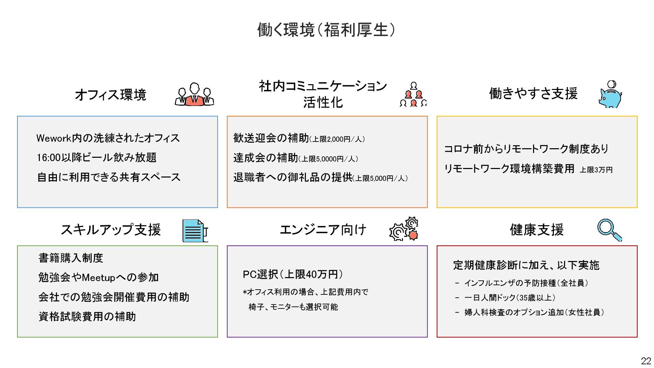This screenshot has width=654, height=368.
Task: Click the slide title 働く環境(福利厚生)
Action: coord(326,30)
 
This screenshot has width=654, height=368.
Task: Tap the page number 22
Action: coord(645,361)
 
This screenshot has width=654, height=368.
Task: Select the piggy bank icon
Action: coord(610,95)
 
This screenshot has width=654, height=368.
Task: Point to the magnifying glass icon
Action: coord(609,230)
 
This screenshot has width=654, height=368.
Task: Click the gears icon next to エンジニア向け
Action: coord(404,229)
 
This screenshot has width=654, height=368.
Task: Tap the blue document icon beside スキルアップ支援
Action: coord(194,231)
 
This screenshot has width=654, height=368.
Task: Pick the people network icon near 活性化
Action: coord(413,95)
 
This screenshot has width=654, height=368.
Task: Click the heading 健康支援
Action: coord(536,230)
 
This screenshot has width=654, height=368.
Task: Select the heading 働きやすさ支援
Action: coord(533,93)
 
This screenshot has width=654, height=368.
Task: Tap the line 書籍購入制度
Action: coord(71,258)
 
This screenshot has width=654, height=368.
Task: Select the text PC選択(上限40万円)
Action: coord(293,274)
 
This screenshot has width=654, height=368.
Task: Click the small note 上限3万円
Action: coord(596,170)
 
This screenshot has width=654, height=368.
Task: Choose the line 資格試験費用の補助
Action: coord(87,317)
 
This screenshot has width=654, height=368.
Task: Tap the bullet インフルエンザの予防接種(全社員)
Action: coord(526,283)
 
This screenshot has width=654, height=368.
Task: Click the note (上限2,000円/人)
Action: coord(337,139)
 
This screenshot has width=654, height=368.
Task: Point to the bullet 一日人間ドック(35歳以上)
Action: coord(510,298)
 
